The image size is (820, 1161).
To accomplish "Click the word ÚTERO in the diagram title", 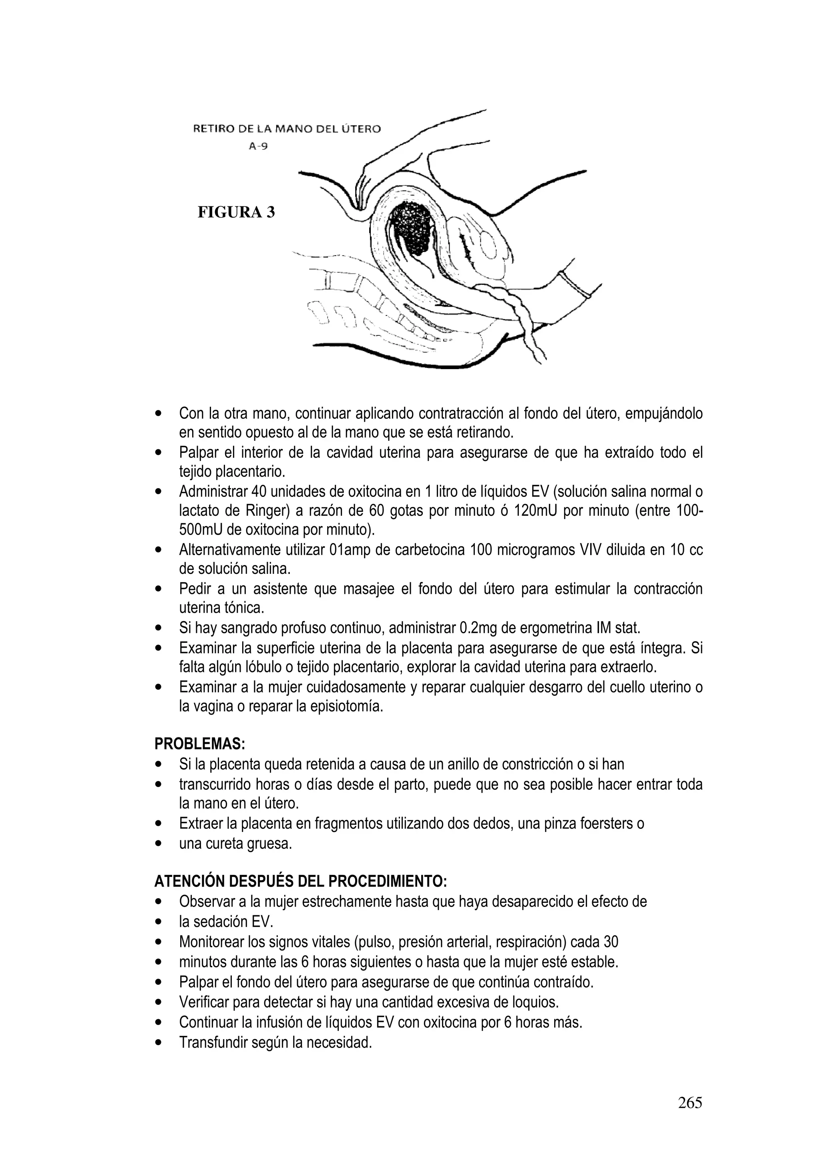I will coord(360,129).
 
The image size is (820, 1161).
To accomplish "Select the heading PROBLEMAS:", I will coord(199,744).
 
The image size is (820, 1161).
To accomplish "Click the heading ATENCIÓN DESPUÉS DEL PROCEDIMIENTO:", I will coord(300,881).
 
